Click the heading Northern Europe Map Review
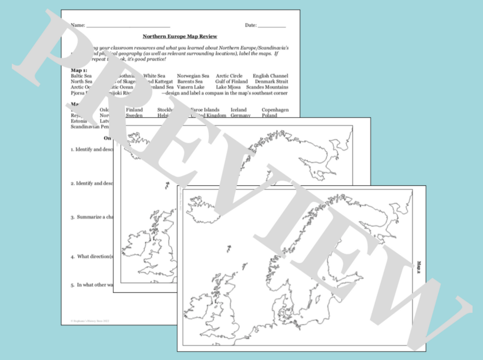[x=180, y=36]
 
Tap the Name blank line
[x=128, y=26]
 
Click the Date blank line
[x=272, y=26]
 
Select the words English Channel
[x=270, y=76]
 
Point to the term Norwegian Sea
[x=193, y=76]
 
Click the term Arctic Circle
[x=229, y=76]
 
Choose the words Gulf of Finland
[x=231, y=81]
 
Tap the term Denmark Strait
[x=271, y=81]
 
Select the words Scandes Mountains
[x=267, y=87]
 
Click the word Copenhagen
[x=275, y=110]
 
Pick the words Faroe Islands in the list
[x=206, y=110]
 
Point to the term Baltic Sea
[x=81, y=76]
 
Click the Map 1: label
[x=79, y=70]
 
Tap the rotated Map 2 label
[x=419, y=267]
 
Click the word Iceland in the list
[x=238, y=110]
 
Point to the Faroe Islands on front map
[x=229, y=248]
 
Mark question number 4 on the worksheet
[x=72, y=257]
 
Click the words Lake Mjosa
[x=228, y=87]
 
